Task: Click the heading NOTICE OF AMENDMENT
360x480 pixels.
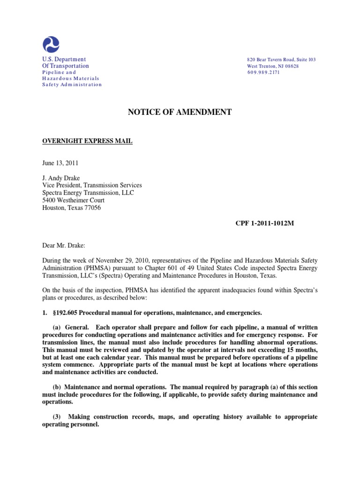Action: (180, 112)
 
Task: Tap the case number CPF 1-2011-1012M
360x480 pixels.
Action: (264, 224)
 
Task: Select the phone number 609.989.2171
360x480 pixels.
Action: (263, 73)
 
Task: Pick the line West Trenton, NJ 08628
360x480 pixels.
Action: (273, 66)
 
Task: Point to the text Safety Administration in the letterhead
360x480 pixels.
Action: (72, 85)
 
